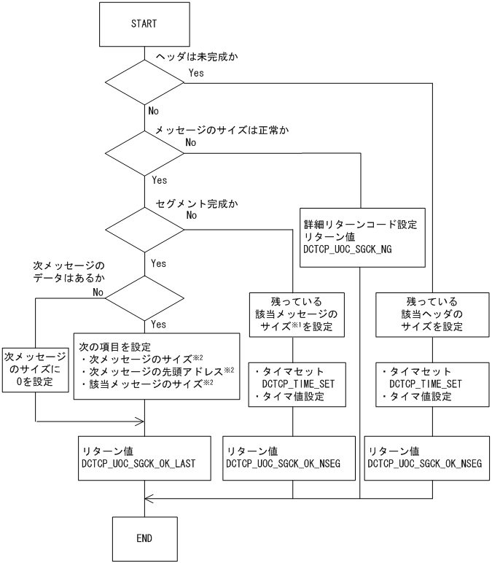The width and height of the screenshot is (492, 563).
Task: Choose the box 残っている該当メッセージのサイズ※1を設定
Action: point(292,314)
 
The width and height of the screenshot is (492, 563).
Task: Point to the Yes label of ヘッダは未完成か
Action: point(196,74)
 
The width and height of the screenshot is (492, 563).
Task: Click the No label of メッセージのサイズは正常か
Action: point(191,142)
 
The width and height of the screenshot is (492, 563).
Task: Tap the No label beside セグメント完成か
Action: point(192,215)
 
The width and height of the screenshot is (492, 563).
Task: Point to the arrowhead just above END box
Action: point(147,499)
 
